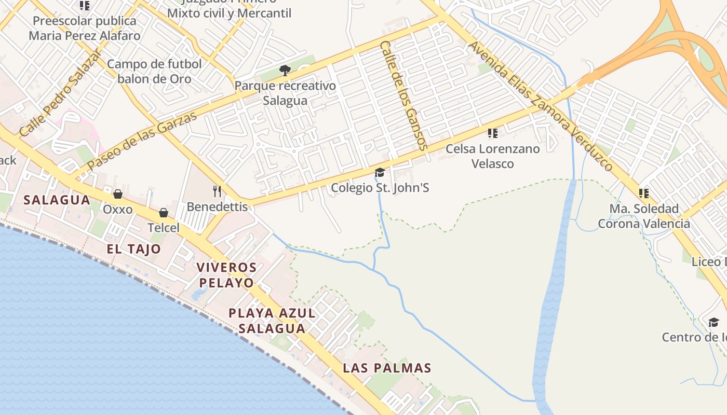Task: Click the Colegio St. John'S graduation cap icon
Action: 380,172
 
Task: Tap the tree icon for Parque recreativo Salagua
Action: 285,71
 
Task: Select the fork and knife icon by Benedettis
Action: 217,191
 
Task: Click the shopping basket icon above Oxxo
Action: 118,194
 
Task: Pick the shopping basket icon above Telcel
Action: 164,213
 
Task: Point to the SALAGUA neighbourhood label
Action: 57,200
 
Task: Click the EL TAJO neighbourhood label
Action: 134,249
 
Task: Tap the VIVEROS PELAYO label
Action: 226,275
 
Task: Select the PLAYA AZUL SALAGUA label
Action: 272,321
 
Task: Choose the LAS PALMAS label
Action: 387,368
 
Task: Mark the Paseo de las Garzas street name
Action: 142,140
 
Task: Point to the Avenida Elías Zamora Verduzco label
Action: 541,106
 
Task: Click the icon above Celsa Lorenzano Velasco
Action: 493,133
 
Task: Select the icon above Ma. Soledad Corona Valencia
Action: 644,193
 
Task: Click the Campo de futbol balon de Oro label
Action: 154,72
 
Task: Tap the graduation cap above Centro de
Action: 714,322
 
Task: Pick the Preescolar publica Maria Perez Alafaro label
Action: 84,29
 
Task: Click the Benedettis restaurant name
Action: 218,206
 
